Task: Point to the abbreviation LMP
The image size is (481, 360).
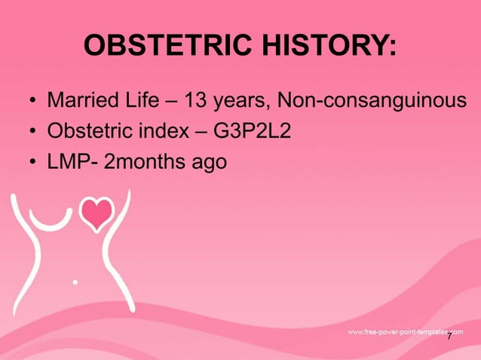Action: coord(69,162)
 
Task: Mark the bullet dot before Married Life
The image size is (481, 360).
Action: coord(32,102)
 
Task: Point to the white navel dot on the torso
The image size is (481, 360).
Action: coord(75,282)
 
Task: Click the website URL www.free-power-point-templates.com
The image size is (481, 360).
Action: coord(404,332)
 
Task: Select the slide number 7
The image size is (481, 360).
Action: coord(449,337)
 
